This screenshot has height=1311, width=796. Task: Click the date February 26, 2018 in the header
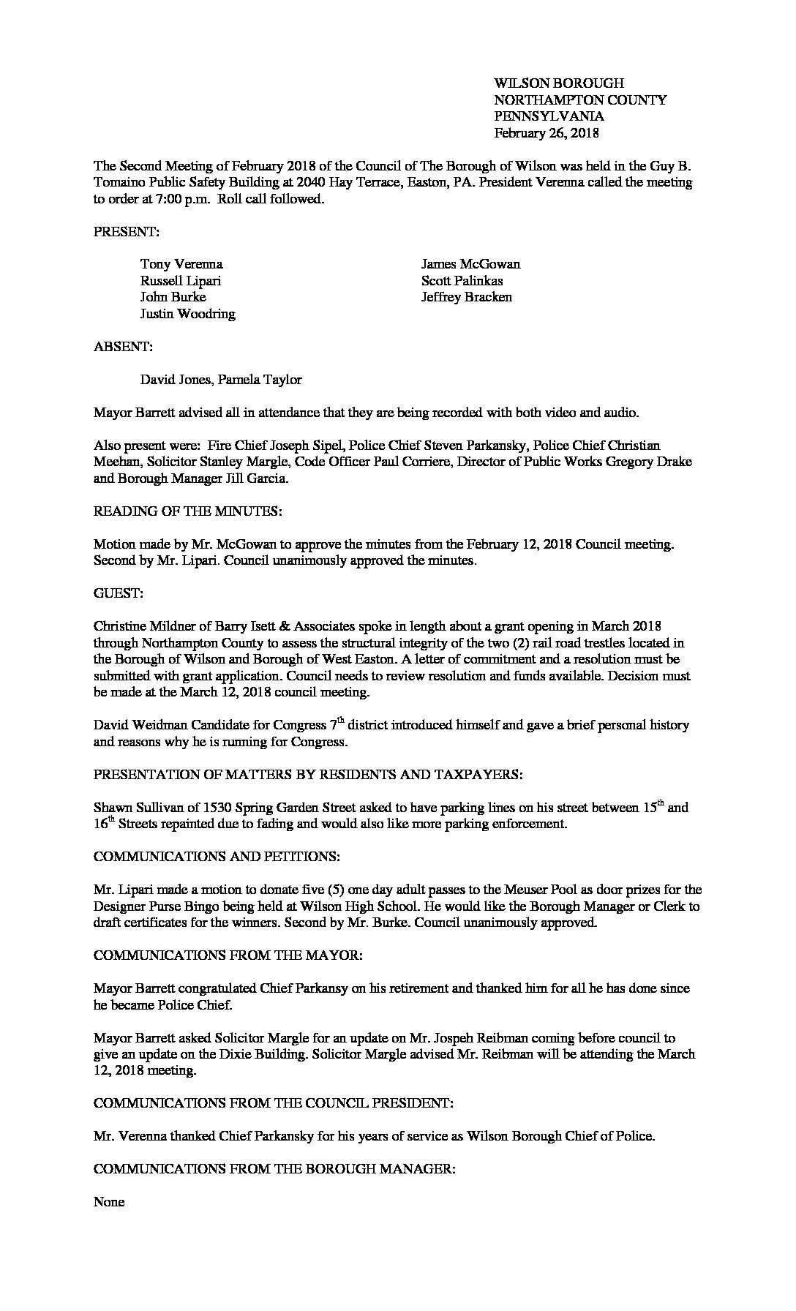click(x=547, y=133)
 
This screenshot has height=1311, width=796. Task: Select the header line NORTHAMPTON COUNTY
click(x=580, y=100)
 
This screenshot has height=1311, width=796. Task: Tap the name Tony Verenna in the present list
click(x=181, y=264)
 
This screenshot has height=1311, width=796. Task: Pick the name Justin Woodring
click(x=188, y=314)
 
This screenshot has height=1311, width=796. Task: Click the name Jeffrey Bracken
click(x=466, y=297)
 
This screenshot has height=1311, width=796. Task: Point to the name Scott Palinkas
click(x=462, y=281)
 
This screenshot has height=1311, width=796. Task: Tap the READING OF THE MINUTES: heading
click(x=188, y=512)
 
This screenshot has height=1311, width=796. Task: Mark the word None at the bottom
click(x=109, y=1202)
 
